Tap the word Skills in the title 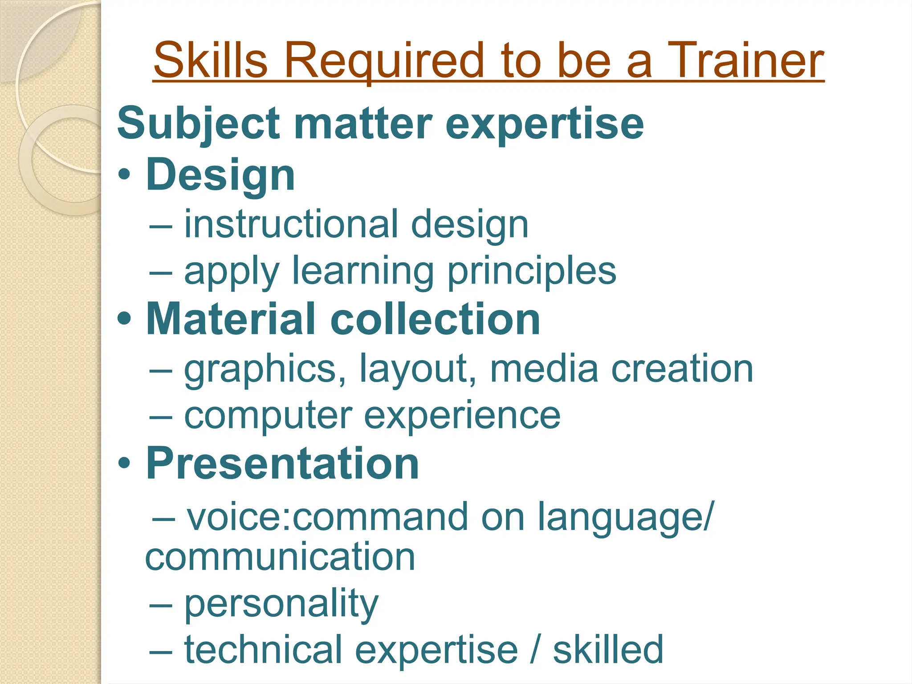click(x=210, y=60)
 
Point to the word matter click(x=362, y=124)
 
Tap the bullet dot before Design click(x=125, y=175)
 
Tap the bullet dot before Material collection click(x=125, y=319)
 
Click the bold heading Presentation click(x=282, y=464)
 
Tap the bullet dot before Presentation click(x=125, y=464)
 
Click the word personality click(x=281, y=605)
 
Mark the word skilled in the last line click(x=608, y=650)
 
